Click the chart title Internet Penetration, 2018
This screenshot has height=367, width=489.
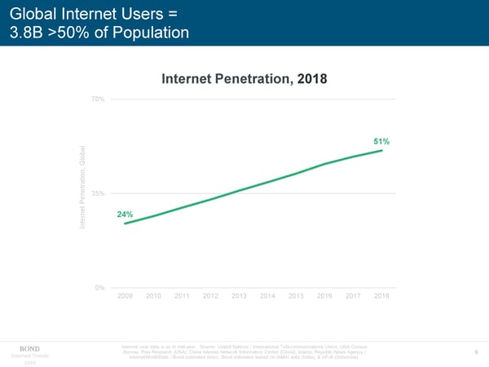(244, 79)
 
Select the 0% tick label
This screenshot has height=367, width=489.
(99, 287)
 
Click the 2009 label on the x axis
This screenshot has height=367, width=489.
(125, 296)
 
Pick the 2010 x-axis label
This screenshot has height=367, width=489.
(153, 296)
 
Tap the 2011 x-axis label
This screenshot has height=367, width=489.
(182, 296)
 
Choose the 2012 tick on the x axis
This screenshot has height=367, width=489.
(210, 296)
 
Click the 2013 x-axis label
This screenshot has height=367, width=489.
(239, 296)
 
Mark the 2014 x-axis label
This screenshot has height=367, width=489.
(267, 296)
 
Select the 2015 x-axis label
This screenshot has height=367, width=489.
(296, 296)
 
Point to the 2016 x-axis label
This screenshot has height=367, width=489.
(324, 296)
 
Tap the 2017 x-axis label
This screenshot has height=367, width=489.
(353, 296)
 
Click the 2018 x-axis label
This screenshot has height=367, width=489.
(381, 296)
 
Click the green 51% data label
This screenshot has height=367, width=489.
(381, 142)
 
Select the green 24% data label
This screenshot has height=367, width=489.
(126, 214)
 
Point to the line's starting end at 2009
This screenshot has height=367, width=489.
(125, 223)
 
